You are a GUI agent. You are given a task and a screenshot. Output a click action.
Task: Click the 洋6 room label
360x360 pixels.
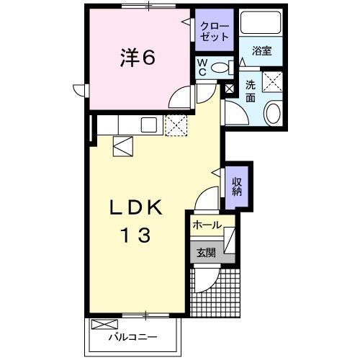pyautogui.click(x=136, y=58)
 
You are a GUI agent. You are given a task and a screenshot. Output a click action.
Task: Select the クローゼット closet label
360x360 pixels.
pyautogui.click(x=215, y=30)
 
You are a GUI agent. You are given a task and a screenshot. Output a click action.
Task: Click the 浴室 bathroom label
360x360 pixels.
pyautogui.click(x=262, y=52)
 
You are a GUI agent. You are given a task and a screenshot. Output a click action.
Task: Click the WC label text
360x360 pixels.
pyautogui.click(x=203, y=67)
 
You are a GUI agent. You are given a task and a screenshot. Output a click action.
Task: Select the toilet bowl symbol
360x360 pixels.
pyautogui.click(x=223, y=67)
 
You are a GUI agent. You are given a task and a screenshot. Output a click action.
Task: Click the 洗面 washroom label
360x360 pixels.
pyautogui.click(x=251, y=90)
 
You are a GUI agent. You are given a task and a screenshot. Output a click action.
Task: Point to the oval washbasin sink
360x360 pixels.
pyautogui.click(x=273, y=112)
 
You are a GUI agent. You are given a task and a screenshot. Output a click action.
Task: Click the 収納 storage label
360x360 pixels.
pyautogui.click(x=236, y=186)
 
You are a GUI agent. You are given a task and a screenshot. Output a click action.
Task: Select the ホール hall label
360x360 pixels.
pyautogui.click(x=207, y=225)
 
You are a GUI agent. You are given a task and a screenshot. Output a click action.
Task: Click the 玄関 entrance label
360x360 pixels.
pyautogui.click(x=206, y=252)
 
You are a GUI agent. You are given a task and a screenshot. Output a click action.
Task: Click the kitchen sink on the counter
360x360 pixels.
pyautogui.click(x=149, y=125)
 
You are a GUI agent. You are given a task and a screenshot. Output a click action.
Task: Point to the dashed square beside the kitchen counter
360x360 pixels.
pyautogui.click(x=176, y=125)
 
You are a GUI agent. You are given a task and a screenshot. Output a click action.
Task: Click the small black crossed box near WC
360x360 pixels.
pyautogui.click(x=230, y=89)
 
